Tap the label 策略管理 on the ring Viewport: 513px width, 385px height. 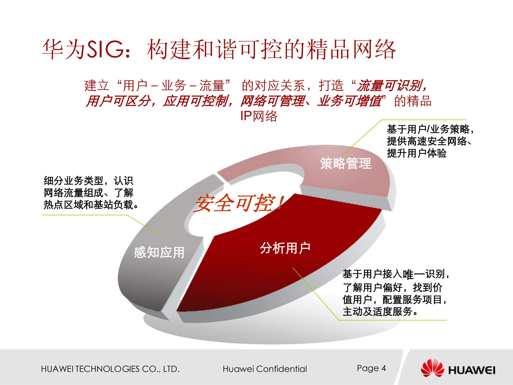(x=346, y=163)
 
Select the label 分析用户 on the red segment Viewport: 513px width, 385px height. (x=285, y=248)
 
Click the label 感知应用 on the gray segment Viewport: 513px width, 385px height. (x=159, y=252)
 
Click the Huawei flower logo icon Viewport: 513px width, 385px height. (x=432, y=368)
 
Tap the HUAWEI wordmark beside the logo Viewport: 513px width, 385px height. (x=472, y=370)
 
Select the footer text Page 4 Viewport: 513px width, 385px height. (x=371, y=368)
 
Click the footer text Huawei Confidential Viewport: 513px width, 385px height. (x=265, y=369)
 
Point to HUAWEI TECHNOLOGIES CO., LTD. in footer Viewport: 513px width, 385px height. (x=110, y=369)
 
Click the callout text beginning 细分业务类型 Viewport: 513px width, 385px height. (x=91, y=193)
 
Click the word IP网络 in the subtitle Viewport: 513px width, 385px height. (x=259, y=116)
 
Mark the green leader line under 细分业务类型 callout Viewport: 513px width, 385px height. (x=86, y=215)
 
